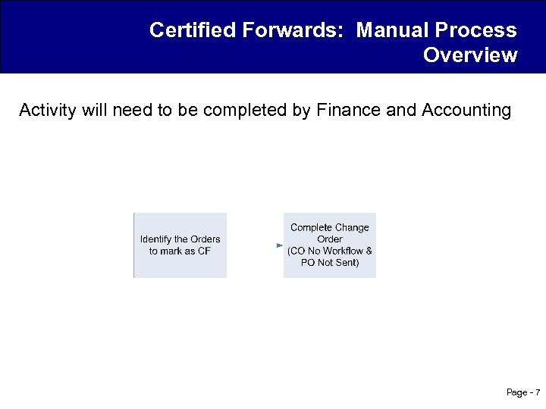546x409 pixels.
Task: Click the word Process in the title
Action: tap(476, 30)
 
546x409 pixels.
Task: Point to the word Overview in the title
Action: tap(470, 55)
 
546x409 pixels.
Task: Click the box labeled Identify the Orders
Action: tap(180, 245)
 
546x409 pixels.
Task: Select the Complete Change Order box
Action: tap(330, 245)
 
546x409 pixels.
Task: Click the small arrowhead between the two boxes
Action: tap(279, 245)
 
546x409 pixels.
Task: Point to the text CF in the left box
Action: tap(203, 251)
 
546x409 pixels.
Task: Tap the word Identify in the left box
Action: tap(156, 239)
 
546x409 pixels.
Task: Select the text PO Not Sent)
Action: tap(330, 263)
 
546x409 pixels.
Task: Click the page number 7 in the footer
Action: tap(538, 392)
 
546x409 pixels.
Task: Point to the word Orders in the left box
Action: tap(206, 239)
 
